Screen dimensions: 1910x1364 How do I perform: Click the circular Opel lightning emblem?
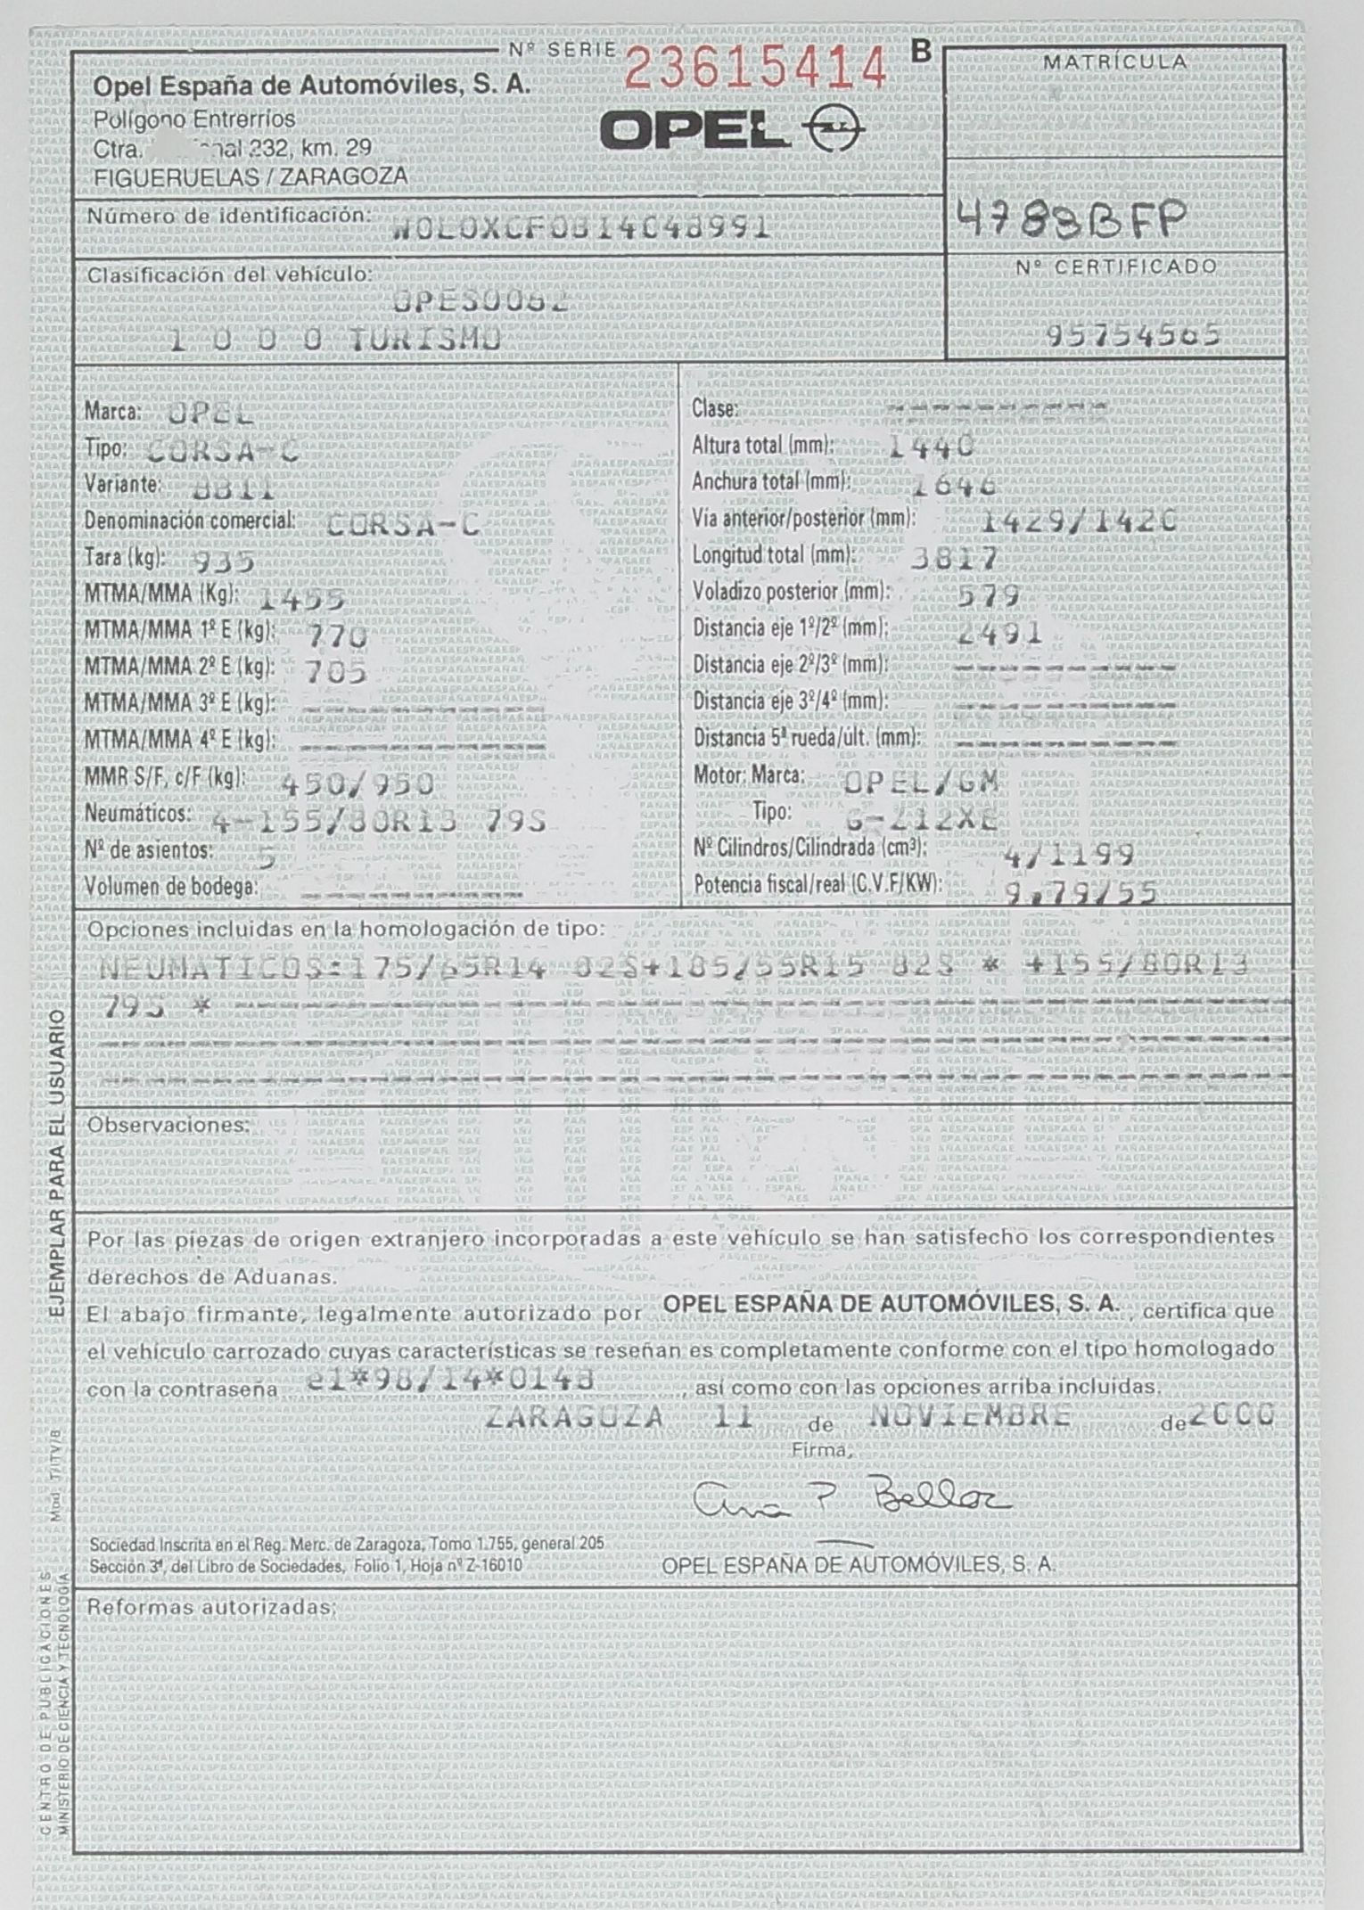tap(834, 133)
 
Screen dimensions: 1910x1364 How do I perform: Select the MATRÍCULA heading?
tap(1114, 62)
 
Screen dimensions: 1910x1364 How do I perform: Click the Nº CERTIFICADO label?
tap(1115, 266)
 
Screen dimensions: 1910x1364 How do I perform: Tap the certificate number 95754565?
tap(1133, 333)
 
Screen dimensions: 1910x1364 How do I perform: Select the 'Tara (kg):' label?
tap(125, 557)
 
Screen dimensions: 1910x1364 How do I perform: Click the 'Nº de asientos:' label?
tap(148, 849)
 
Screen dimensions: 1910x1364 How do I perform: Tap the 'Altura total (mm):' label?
tap(763, 444)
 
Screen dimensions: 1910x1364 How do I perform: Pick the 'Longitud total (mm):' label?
tap(773, 554)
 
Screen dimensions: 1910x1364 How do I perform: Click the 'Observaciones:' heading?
tap(168, 1125)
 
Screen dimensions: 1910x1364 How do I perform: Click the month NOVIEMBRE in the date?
tap(970, 1415)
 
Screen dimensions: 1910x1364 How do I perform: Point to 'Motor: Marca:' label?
tap(749, 775)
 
